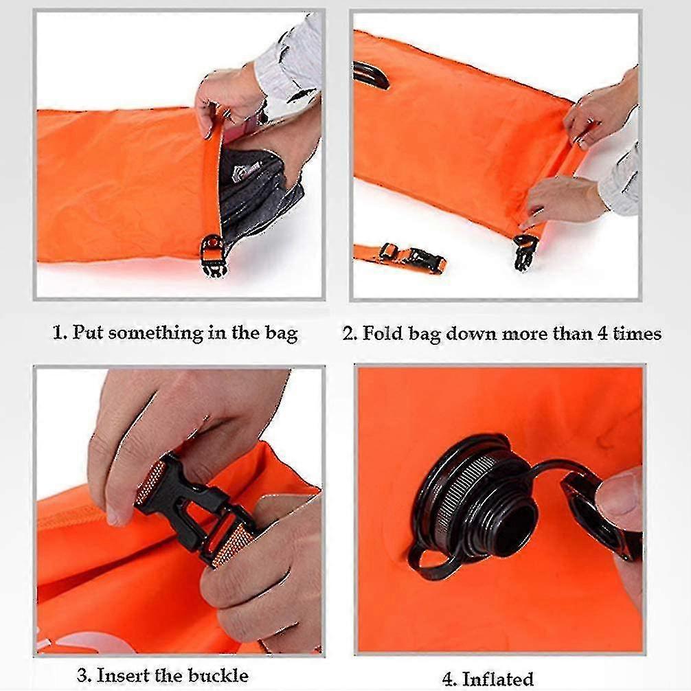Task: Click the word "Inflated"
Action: click(498, 679)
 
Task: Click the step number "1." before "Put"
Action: click(60, 334)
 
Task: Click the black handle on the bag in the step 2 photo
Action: click(370, 75)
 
